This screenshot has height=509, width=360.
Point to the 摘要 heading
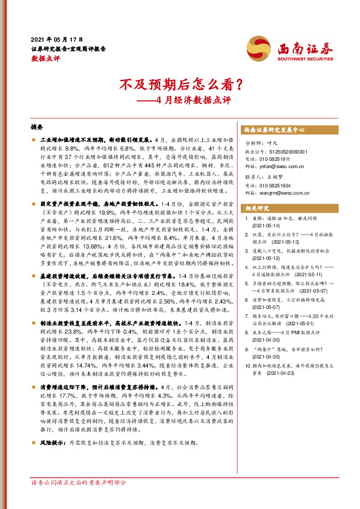click(36, 128)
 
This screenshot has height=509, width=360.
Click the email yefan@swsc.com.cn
click(279, 164)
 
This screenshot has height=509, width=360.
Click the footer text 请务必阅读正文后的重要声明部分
click(79, 482)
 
